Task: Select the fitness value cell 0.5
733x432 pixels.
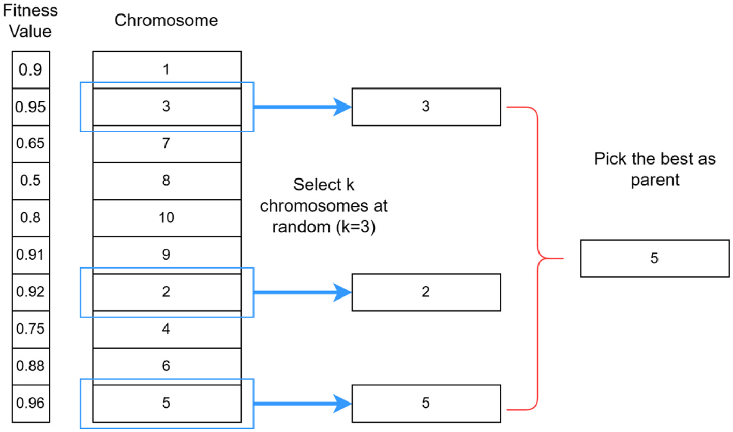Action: tap(31, 181)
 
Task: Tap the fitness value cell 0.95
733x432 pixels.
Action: tap(31, 107)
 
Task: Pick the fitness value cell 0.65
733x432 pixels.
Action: tap(31, 144)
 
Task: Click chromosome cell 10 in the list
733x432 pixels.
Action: tap(167, 218)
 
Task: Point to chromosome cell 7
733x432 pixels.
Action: tap(167, 144)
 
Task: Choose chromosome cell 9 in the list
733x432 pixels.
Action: tap(167, 255)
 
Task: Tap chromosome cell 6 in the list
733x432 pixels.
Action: tap(167, 366)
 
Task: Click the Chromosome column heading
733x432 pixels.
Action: tap(166, 21)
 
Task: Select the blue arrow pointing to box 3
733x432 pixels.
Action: tap(303, 107)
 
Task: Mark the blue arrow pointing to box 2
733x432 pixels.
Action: tap(303, 292)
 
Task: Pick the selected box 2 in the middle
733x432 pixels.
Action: tap(426, 292)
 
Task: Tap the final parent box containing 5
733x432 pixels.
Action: tap(654, 258)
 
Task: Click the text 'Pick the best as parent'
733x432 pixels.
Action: tap(654, 169)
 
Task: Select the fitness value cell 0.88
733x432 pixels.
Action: tap(31, 366)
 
